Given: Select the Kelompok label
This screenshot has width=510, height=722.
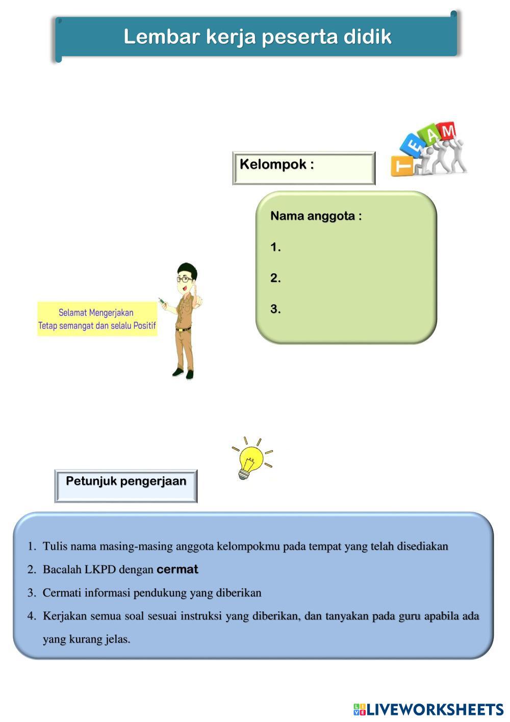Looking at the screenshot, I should tap(273, 165).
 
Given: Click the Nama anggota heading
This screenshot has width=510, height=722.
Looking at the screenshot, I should tap(316, 216).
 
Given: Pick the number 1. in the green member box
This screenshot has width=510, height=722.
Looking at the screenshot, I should tap(275, 247).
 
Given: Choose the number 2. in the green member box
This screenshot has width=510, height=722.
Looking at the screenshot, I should tap(275, 278).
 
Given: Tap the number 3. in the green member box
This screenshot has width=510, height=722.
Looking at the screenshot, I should tap(275, 309).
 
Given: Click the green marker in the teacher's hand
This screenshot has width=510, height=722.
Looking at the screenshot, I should tap(162, 301).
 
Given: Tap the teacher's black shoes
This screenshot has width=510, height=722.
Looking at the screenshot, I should tap(184, 374).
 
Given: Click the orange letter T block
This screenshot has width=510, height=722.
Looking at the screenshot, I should tap(402, 166).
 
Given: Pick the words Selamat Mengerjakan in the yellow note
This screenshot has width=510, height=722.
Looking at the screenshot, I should tap(96, 313).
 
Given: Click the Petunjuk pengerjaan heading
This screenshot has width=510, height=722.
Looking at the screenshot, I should tap(126, 481).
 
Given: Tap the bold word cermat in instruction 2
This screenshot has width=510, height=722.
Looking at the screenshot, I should tap(177, 570).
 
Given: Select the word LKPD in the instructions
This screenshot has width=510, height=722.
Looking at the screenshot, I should tap(100, 570).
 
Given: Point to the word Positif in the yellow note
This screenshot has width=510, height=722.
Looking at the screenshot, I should tap(145, 326).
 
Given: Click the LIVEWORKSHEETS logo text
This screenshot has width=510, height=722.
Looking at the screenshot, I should tap(435, 709).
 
